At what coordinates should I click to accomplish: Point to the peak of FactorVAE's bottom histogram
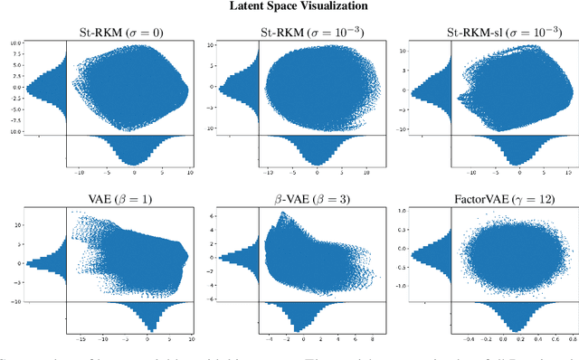tap(508, 331)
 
